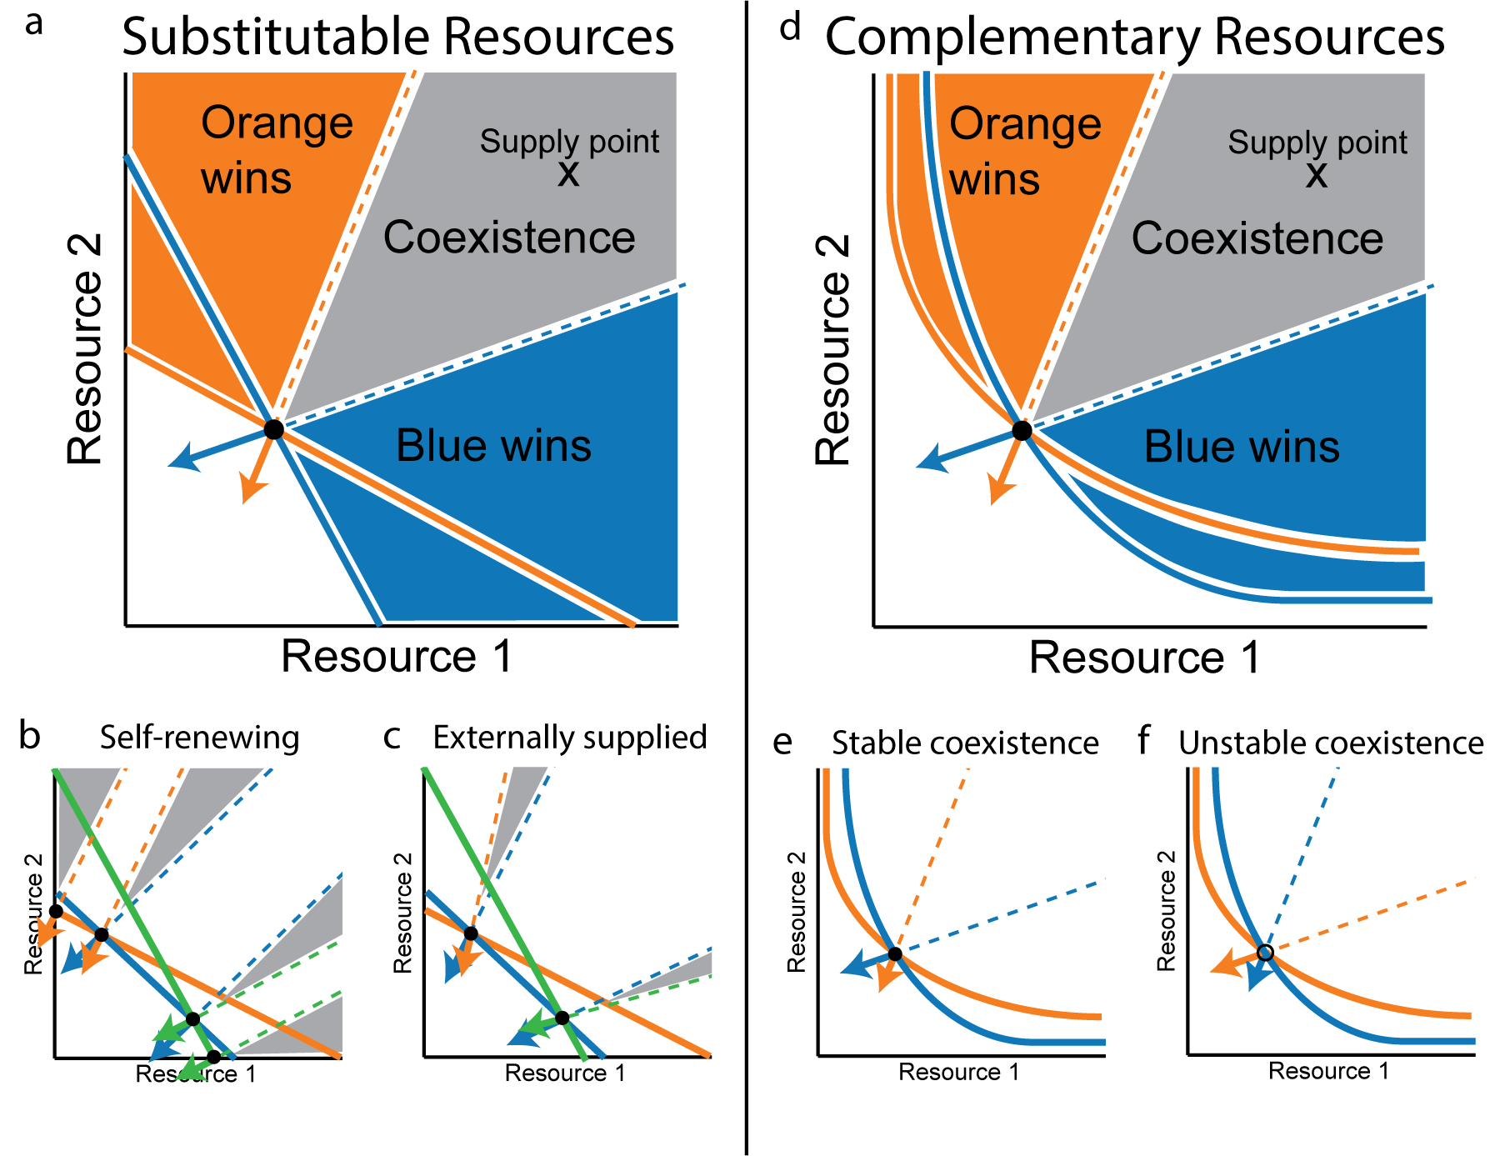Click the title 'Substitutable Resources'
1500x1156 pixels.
(x=397, y=38)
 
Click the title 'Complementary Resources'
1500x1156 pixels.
(x=1134, y=38)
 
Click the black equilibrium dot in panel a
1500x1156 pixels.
(x=273, y=429)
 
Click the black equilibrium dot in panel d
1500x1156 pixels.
(x=1022, y=430)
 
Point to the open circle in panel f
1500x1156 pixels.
(x=1265, y=953)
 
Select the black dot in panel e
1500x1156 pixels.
(x=894, y=953)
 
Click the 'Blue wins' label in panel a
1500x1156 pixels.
(x=493, y=445)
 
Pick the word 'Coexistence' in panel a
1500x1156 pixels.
(x=509, y=238)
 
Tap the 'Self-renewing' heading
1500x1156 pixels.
(x=199, y=738)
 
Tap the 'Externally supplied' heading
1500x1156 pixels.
(x=570, y=738)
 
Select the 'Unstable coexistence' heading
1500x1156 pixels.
(x=1331, y=743)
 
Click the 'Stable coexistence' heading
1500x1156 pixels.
(x=965, y=743)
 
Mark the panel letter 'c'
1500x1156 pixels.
(x=392, y=738)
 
